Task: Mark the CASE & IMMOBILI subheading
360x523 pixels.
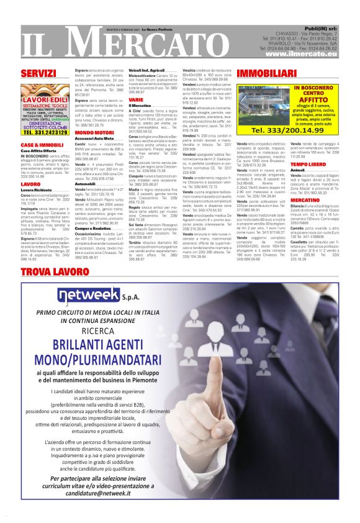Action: pos(38,145)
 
